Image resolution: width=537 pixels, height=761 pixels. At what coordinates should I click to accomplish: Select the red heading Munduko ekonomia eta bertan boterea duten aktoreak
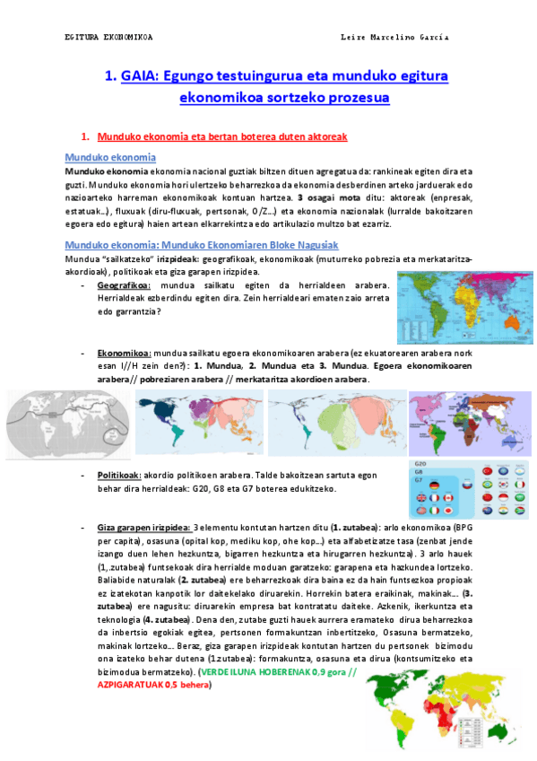point(221,136)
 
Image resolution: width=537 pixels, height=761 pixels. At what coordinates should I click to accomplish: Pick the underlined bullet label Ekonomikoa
point(124,354)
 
